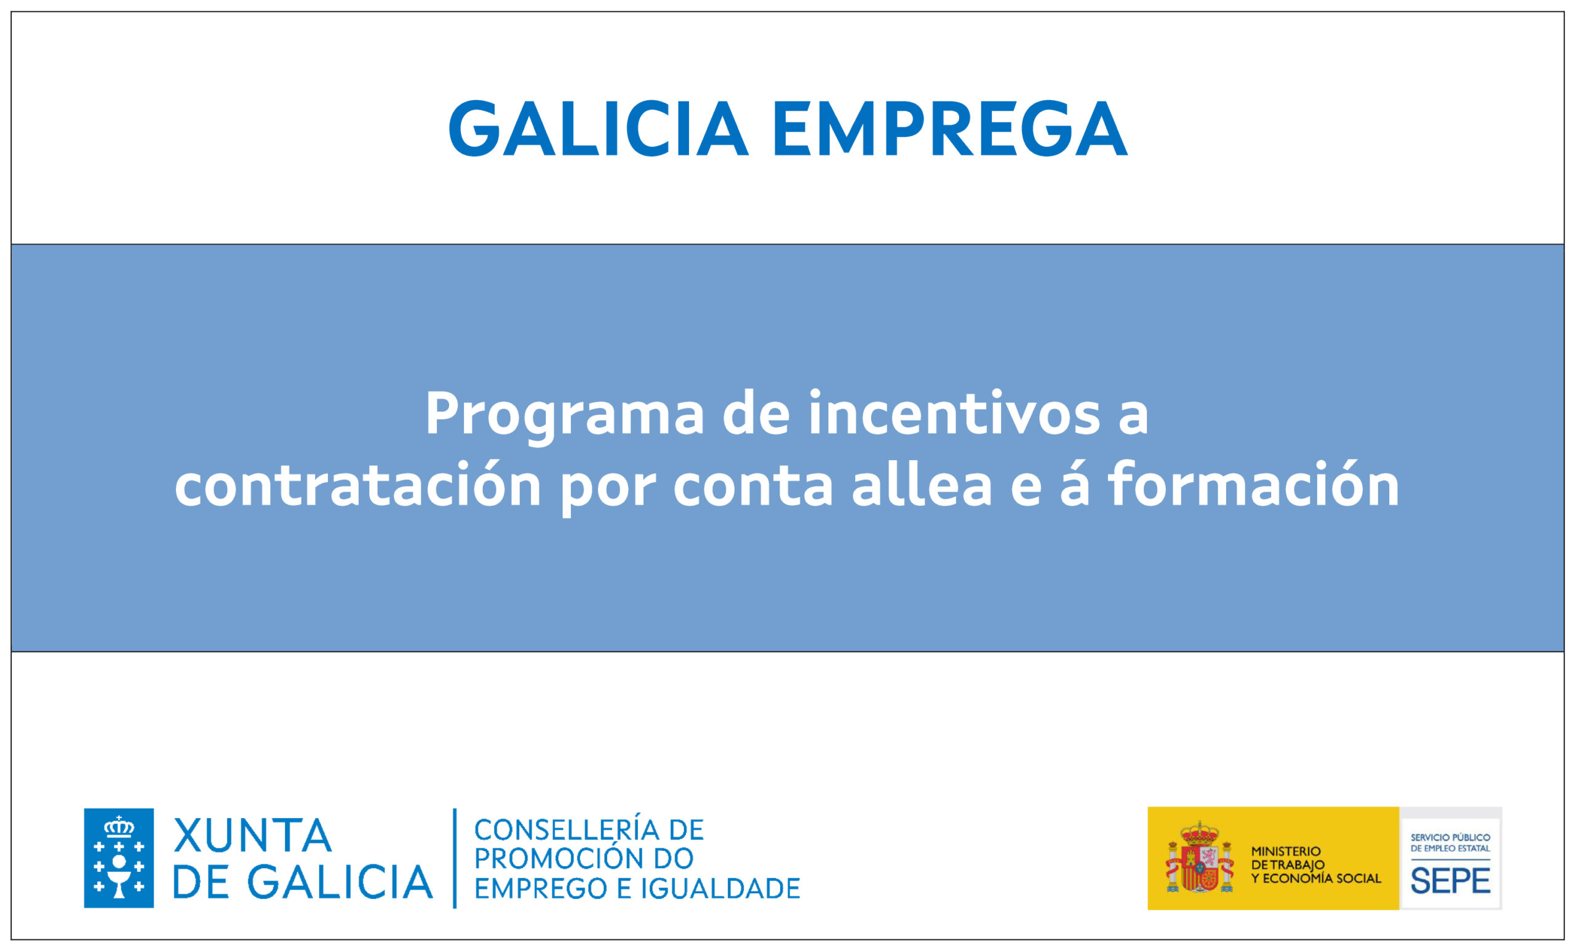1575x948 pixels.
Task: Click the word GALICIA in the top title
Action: pos(598,129)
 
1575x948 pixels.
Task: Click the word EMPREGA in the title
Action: pos(951,129)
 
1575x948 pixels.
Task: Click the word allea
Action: pos(922,484)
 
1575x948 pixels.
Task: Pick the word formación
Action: pos(1254,484)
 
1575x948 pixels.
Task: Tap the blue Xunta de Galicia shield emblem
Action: pos(119,858)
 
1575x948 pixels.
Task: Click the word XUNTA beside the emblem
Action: pos(253,835)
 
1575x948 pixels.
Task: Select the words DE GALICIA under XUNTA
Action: pos(303,882)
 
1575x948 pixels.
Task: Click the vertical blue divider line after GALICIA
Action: pos(455,858)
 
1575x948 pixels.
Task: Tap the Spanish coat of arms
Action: pos(1200,858)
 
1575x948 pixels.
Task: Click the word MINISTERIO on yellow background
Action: pos(1286,851)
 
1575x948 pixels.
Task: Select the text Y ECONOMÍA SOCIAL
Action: pos(1316,878)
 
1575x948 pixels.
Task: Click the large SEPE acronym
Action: pos(1451,882)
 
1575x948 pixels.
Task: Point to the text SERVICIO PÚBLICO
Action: pos(1451,837)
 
